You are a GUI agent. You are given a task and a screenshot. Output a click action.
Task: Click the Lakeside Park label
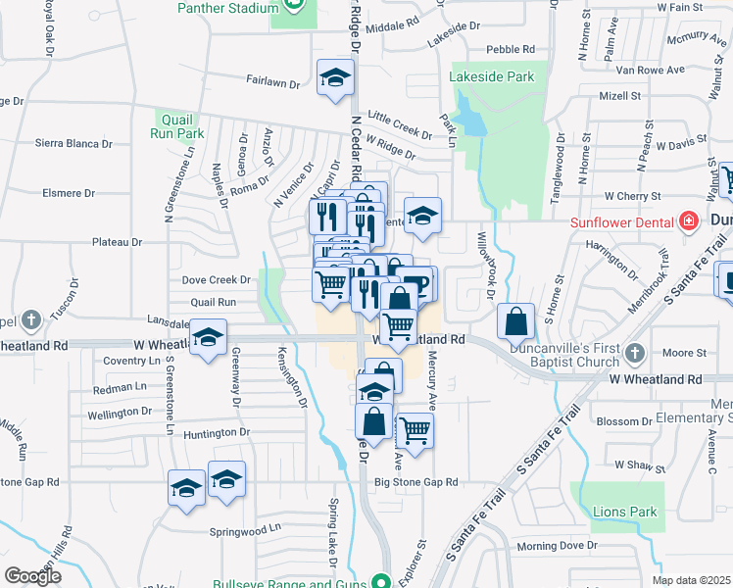(492, 75)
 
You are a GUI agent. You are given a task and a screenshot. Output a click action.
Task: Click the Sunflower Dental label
(621, 220)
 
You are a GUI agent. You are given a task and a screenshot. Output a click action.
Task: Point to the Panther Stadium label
(228, 8)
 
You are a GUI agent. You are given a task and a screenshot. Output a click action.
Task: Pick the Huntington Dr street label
(218, 432)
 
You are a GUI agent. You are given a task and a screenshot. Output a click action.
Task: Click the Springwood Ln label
(245, 531)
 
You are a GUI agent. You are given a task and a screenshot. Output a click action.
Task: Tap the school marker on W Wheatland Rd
(208, 338)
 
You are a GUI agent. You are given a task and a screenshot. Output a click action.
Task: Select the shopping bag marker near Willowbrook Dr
(515, 320)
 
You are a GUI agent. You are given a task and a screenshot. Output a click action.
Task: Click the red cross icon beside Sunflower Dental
(689, 220)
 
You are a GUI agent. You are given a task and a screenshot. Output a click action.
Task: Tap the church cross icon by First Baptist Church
(635, 352)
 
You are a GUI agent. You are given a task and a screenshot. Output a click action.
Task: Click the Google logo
(32, 576)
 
